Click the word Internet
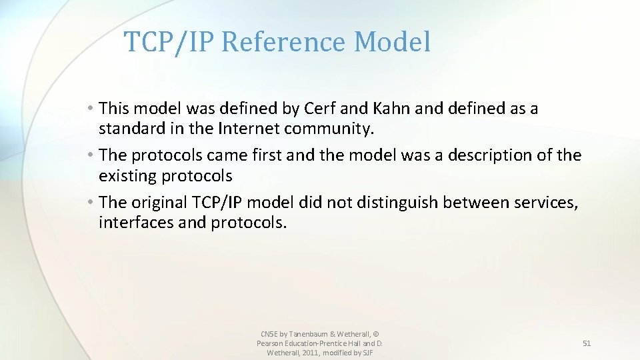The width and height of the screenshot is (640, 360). (248, 127)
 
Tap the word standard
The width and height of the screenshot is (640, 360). (131, 127)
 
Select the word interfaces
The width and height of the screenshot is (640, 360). (136, 223)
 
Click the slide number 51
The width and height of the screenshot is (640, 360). (587, 343)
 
